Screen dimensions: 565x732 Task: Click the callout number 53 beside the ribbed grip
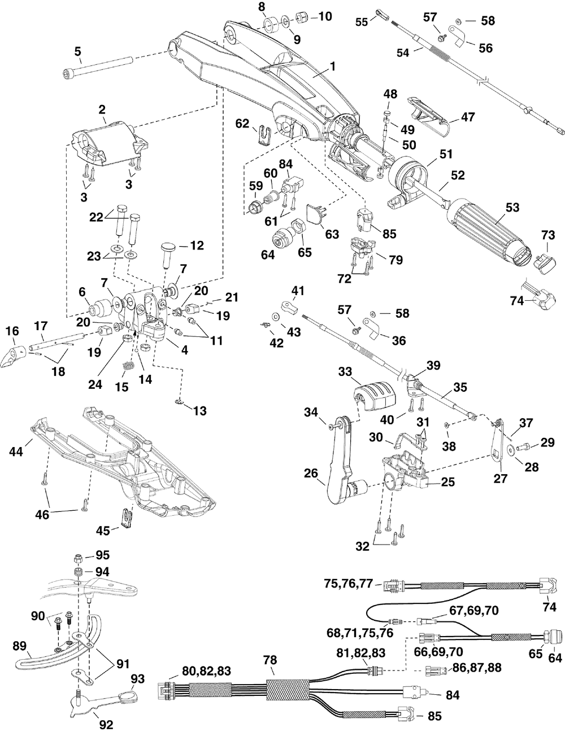(512, 207)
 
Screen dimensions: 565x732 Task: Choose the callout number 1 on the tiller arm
(333, 67)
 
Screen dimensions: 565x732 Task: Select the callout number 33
(345, 372)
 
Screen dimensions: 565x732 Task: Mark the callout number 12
(197, 246)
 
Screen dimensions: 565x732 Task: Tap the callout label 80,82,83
(206, 670)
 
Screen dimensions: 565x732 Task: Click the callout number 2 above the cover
(102, 109)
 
